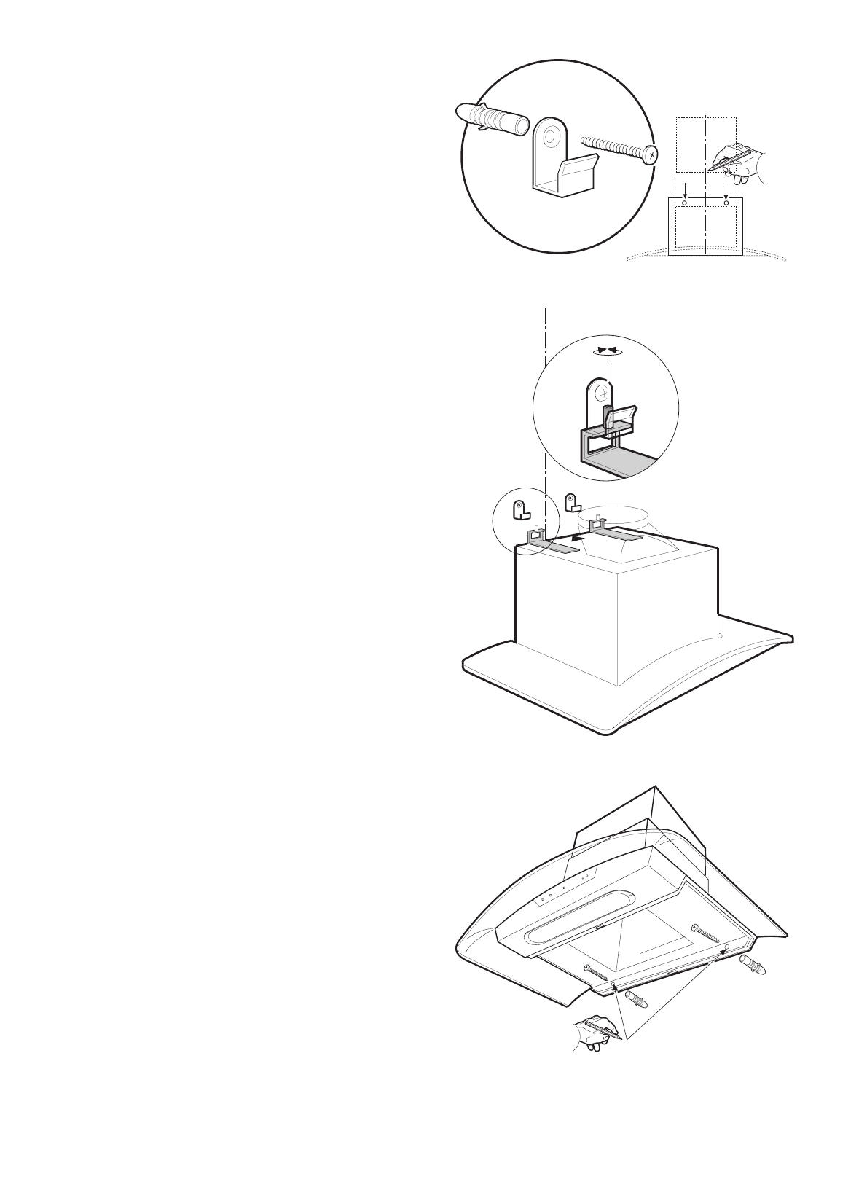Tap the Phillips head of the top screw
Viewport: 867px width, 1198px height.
coord(651,155)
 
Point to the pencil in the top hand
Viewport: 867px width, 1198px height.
coord(729,160)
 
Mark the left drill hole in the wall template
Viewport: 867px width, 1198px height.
coord(684,200)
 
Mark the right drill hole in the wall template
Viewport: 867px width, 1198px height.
coord(726,200)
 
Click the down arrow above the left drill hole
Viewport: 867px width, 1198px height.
coord(684,189)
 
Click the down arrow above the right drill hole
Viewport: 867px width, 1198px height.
coord(726,189)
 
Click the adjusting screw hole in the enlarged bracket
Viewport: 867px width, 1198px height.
coord(603,394)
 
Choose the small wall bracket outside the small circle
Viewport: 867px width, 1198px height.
coord(573,501)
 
